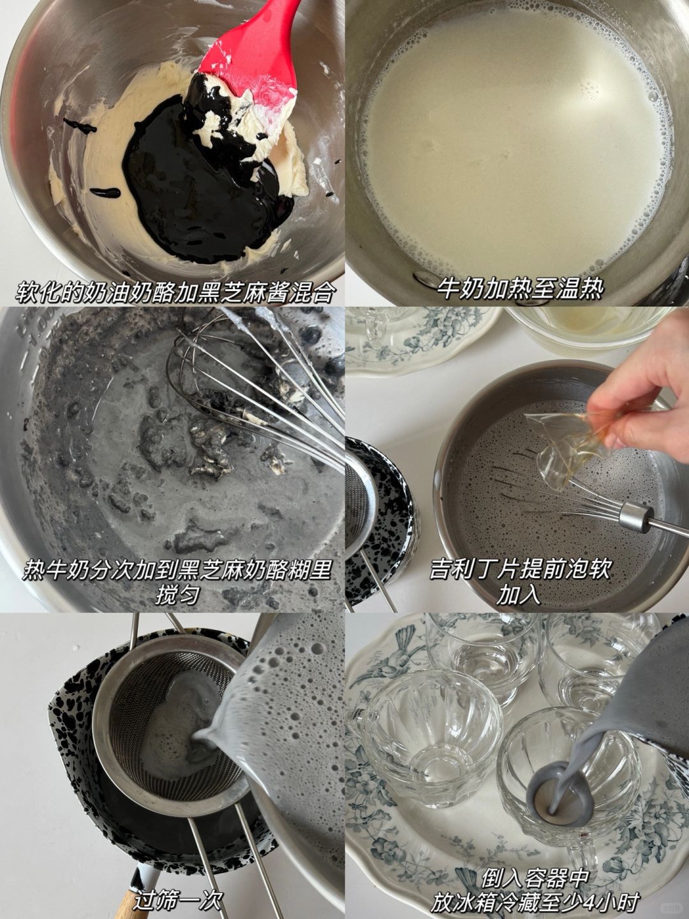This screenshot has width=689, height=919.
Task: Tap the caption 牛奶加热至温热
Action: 517,290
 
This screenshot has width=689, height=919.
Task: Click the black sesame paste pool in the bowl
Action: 201,188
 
